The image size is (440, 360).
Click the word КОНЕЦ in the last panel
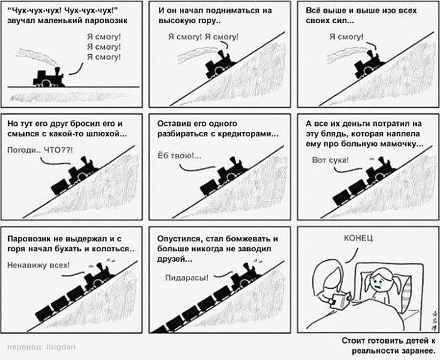click(358, 238)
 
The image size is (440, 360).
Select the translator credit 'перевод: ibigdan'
click(41, 347)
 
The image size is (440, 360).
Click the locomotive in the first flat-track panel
click(49, 78)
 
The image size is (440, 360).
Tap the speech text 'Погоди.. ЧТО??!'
click(40, 150)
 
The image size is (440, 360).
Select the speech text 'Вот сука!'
click(330, 160)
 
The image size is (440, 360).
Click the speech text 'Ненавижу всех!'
click(38, 265)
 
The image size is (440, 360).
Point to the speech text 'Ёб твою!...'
click(179, 156)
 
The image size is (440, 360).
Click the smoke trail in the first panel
click(36, 56)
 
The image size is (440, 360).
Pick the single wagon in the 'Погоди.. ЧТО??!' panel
click(60, 187)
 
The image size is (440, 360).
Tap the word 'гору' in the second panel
click(204, 21)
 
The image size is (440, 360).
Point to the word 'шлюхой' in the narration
click(108, 134)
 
